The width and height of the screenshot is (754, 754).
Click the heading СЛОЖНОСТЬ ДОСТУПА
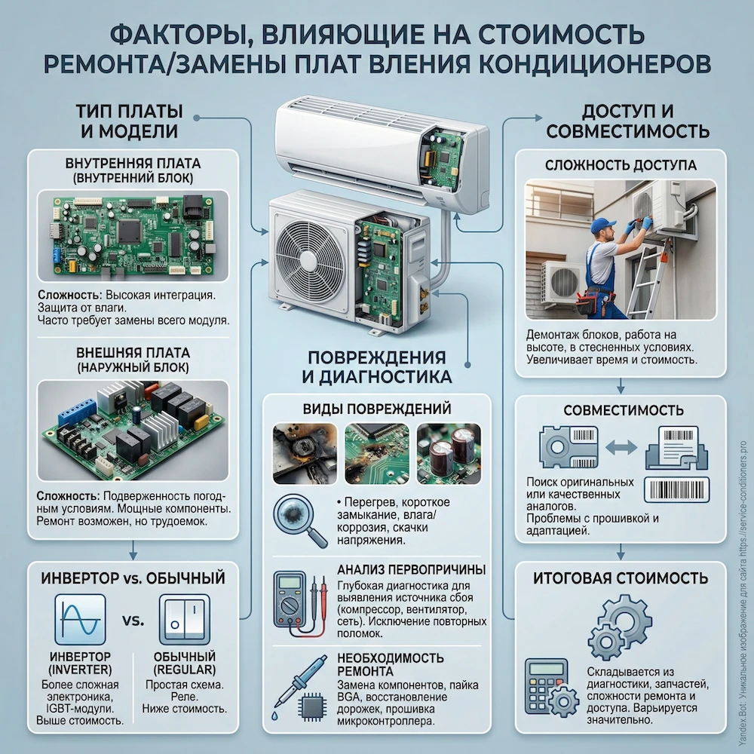620,164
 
